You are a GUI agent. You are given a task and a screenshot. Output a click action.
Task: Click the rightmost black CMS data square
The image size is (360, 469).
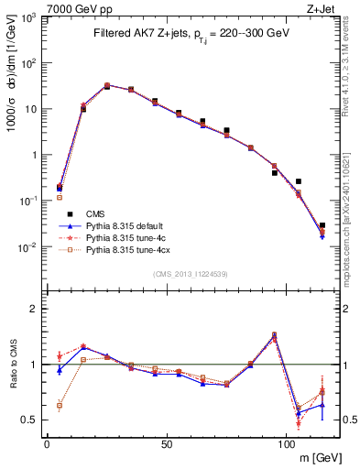322,225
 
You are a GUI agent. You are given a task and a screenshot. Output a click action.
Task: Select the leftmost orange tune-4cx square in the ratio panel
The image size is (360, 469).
60,405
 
